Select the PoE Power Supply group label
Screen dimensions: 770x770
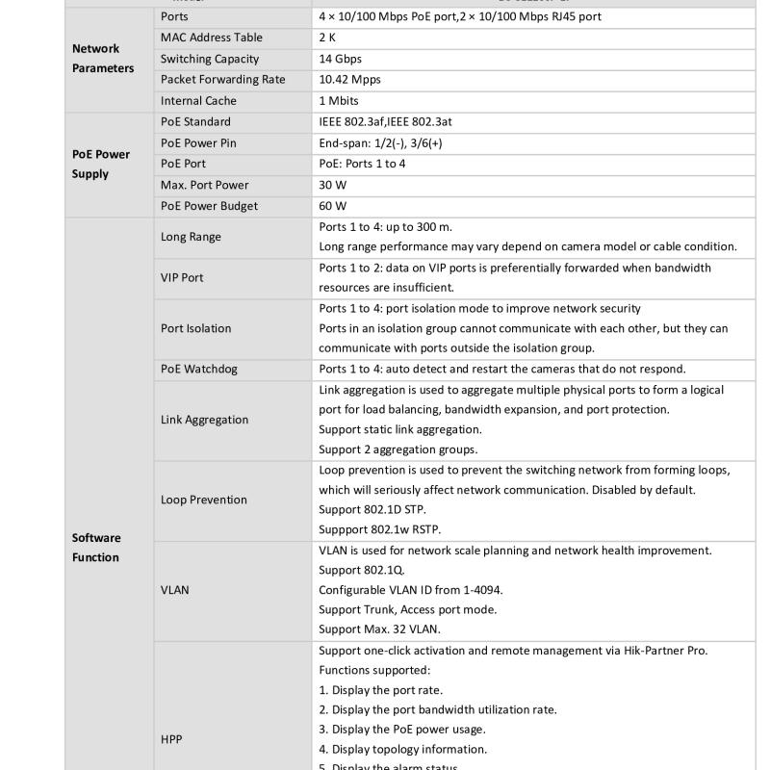[x=101, y=164]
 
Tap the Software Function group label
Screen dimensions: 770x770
[x=96, y=548]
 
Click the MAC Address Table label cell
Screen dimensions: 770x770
[x=212, y=38]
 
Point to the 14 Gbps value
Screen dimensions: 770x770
[x=341, y=59]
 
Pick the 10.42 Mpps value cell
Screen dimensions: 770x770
[x=349, y=80]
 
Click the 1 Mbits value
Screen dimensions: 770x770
[x=339, y=101]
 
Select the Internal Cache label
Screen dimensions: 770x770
[x=198, y=101]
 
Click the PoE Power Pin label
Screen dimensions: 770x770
[x=198, y=143]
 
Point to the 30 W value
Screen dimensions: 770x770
[x=333, y=185]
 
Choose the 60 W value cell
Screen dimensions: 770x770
[x=333, y=206]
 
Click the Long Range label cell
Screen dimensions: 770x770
[x=191, y=237]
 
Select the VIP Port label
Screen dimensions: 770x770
[x=182, y=277]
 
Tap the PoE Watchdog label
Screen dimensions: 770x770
[x=199, y=369]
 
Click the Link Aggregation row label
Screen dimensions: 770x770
[x=204, y=420]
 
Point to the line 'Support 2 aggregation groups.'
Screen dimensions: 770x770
[x=398, y=449]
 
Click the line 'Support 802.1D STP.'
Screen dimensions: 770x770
[x=372, y=509]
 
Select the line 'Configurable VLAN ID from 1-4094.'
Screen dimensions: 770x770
[x=411, y=589]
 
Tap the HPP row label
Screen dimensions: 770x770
[x=171, y=739]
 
